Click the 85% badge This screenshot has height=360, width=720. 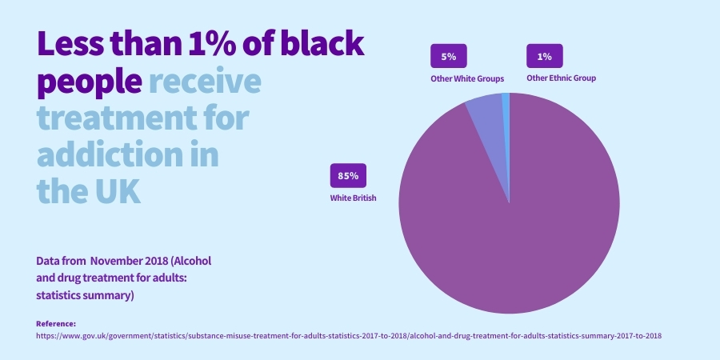click(348, 175)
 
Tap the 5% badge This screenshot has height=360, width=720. click(448, 57)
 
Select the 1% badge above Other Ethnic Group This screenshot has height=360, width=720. click(544, 57)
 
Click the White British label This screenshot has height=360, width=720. click(353, 197)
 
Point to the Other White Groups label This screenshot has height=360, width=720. click(467, 78)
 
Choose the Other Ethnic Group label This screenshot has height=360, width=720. click(561, 78)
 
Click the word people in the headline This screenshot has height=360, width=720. click(90, 81)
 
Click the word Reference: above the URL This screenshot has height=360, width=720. click(56, 323)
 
